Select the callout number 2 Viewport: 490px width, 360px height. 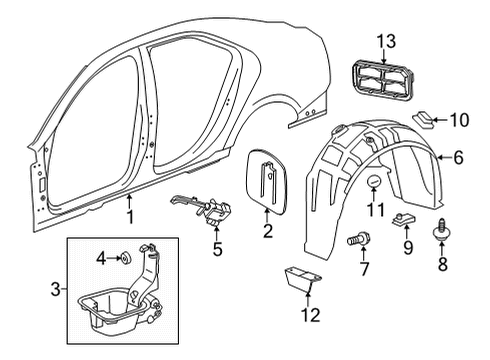pos(267,233)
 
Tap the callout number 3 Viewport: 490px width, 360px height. pos(56,291)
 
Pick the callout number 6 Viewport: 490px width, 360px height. pos(457,157)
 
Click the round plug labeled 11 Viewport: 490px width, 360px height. pos(374,181)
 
